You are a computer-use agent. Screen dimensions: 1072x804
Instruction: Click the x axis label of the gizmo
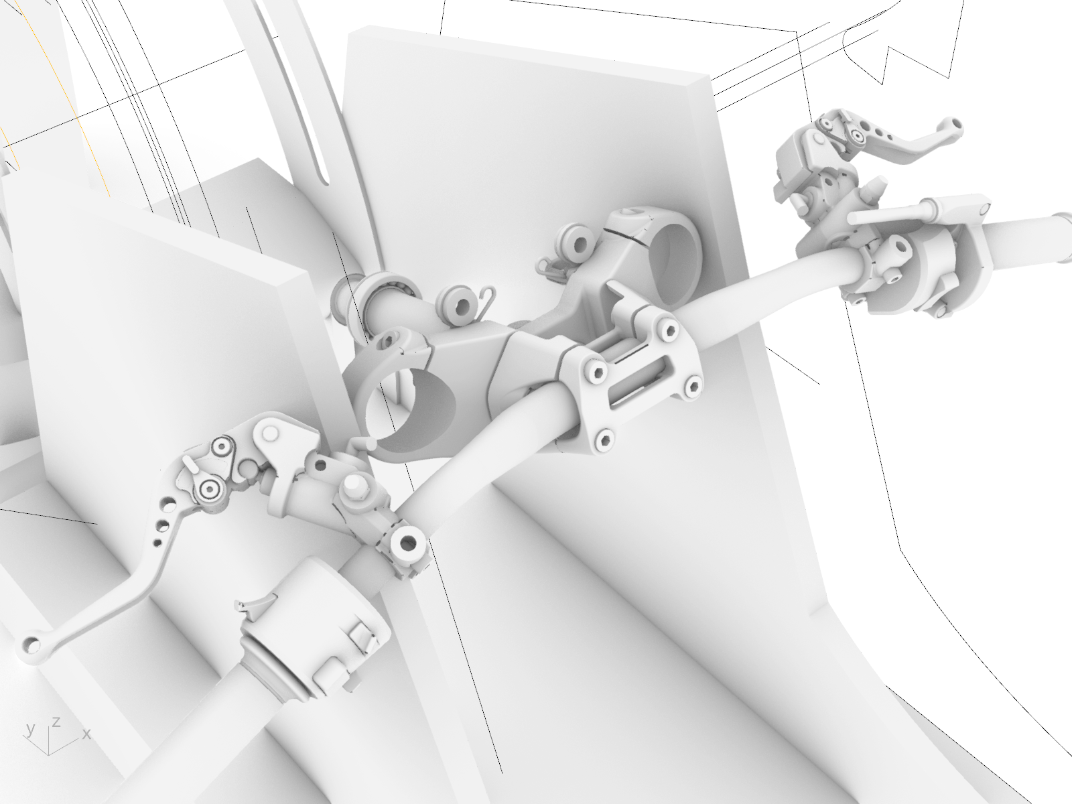pos(86,734)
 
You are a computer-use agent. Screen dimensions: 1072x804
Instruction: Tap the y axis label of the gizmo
pos(31,730)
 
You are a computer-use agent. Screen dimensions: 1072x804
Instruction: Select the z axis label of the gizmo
pos(57,722)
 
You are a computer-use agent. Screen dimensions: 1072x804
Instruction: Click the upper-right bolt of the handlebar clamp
pos(667,329)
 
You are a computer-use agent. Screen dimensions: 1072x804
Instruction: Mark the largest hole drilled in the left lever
pos(168,502)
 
